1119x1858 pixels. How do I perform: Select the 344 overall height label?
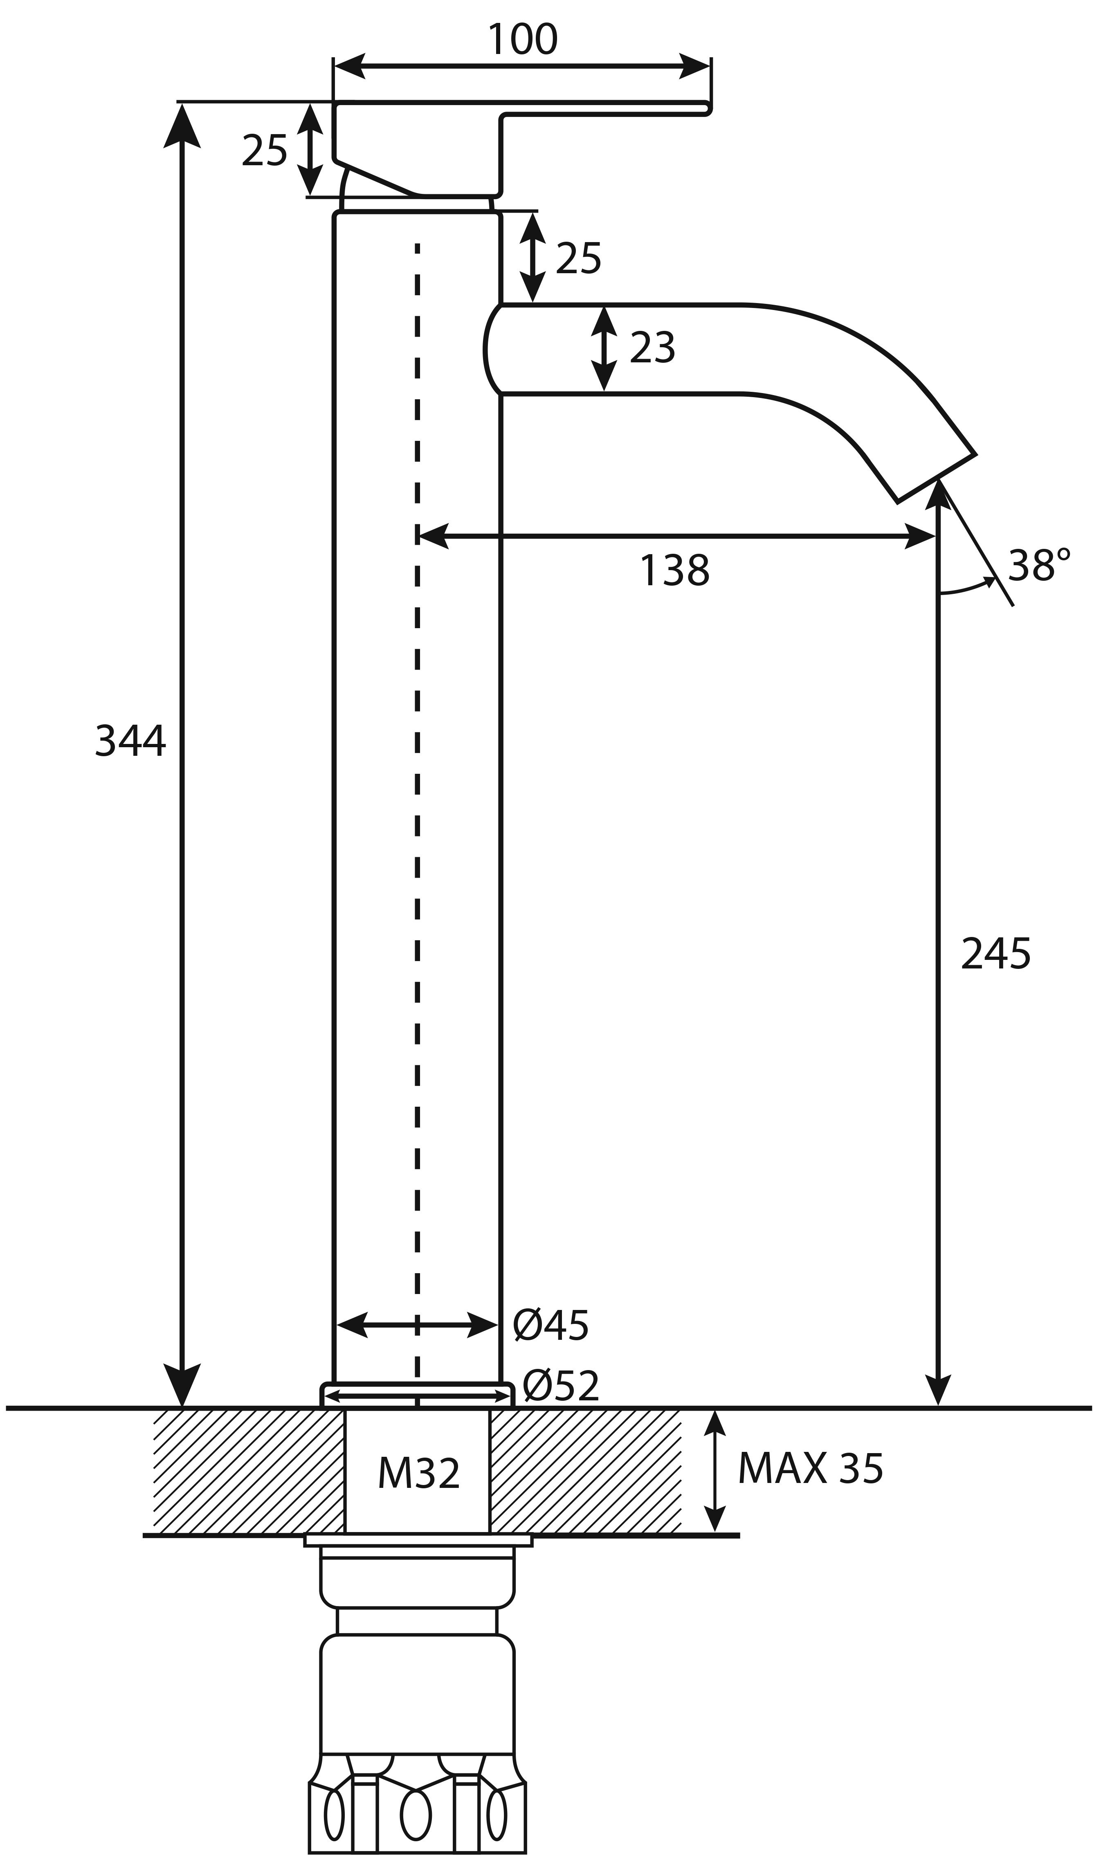(130, 741)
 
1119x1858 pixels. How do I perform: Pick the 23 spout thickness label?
(652, 348)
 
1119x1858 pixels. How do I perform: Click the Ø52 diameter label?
(561, 1385)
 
